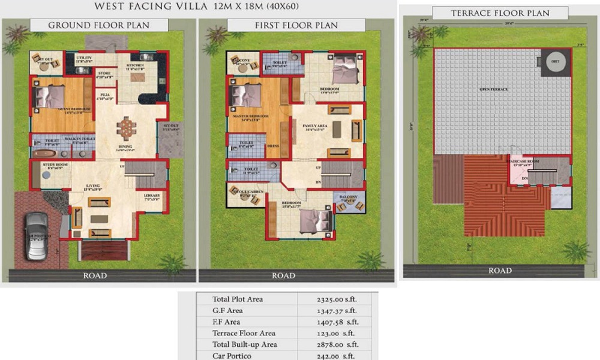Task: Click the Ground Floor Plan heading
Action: tap(99, 25)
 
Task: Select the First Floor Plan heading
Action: tap(296, 25)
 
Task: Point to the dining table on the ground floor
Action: tap(127, 128)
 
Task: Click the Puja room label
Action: tap(105, 94)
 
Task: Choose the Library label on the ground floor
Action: tap(152, 196)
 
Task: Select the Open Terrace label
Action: tap(493, 89)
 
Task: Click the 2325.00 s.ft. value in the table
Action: tap(334, 299)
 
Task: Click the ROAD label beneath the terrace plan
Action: tap(500, 271)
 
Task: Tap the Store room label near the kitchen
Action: tap(104, 73)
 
